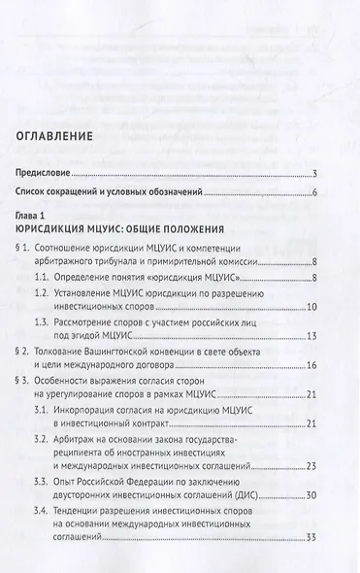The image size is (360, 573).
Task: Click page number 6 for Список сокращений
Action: tap(316, 194)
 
